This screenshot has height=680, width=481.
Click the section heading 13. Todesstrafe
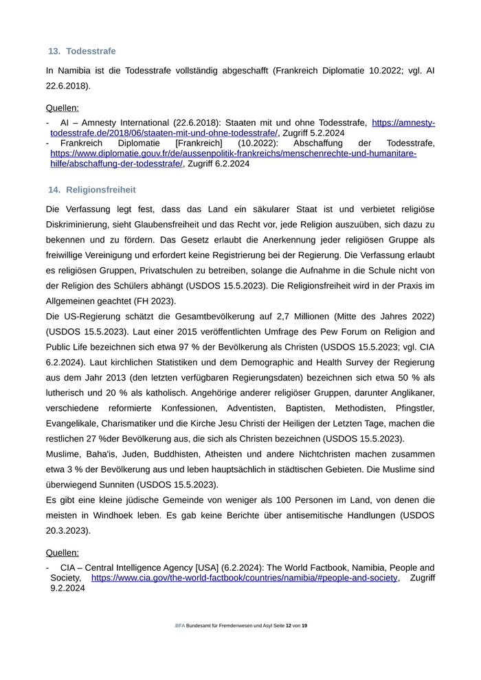[82, 51]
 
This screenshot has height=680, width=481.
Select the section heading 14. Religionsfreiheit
[91, 190]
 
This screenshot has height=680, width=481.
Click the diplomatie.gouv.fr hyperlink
[233, 153]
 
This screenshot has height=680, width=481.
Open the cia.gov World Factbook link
[244, 578]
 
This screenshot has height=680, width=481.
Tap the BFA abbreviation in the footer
[180, 626]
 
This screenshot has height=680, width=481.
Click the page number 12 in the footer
[289, 626]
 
